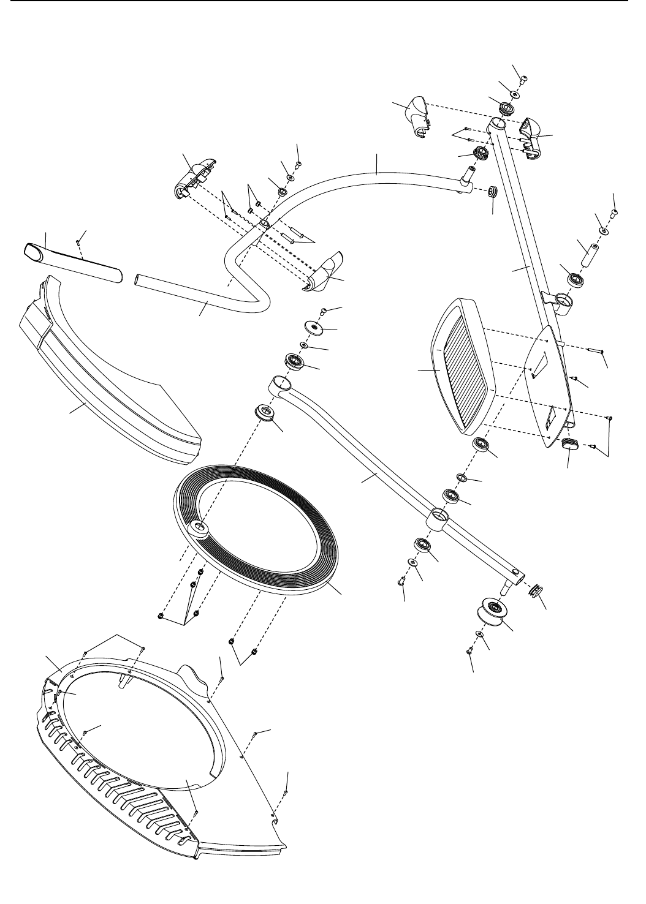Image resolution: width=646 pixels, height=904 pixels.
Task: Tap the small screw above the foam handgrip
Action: click(x=80, y=242)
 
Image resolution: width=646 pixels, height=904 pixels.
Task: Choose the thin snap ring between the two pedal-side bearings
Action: click(x=462, y=477)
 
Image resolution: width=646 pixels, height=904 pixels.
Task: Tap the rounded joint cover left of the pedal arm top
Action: click(x=417, y=113)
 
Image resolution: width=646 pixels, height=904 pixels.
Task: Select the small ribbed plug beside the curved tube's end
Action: click(x=492, y=192)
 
